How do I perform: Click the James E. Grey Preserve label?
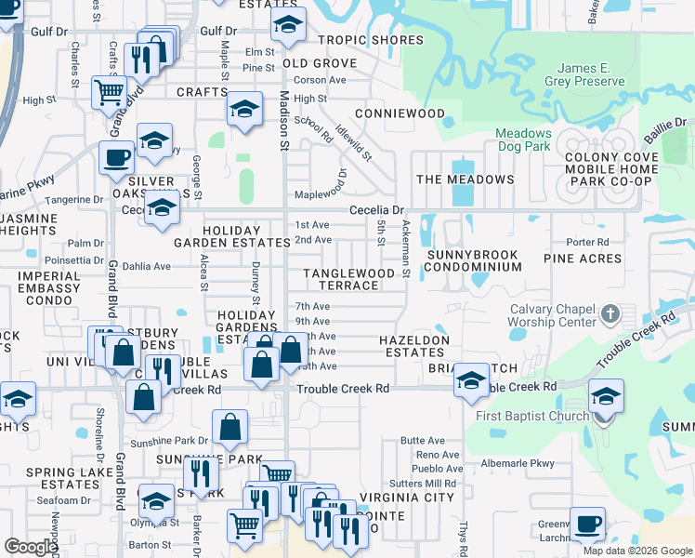(590, 74)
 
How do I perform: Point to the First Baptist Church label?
(531, 416)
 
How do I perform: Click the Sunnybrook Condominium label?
(472, 259)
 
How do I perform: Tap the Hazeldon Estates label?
(414, 347)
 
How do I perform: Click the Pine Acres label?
(583, 259)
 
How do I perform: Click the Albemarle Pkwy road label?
(517, 463)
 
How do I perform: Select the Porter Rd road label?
(587, 242)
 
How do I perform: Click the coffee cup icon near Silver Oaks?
(117, 157)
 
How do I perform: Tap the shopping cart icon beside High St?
(110, 92)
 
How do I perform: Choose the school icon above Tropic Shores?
(288, 27)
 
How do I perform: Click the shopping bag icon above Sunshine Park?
(229, 428)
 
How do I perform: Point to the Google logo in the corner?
(31, 546)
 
